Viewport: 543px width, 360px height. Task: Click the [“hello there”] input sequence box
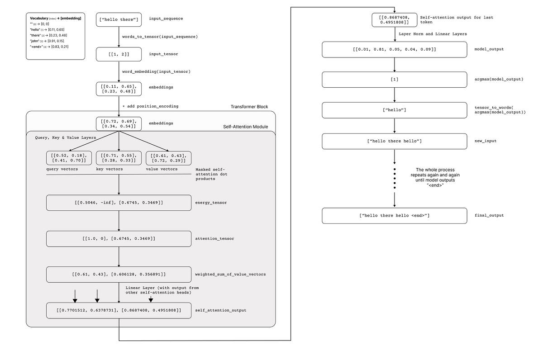[x=119, y=19]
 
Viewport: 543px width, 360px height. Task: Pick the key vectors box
[x=119, y=158]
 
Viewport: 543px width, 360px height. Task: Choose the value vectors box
[x=168, y=158]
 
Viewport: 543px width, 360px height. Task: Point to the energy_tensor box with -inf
[x=119, y=203]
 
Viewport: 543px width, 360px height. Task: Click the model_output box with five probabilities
[x=394, y=50]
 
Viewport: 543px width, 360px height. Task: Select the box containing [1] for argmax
[x=394, y=80]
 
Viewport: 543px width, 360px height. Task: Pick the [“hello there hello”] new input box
[x=394, y=141]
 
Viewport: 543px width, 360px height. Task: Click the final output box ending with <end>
[x=394, y=216]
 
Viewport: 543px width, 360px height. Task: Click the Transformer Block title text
[x=250, y=107]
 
